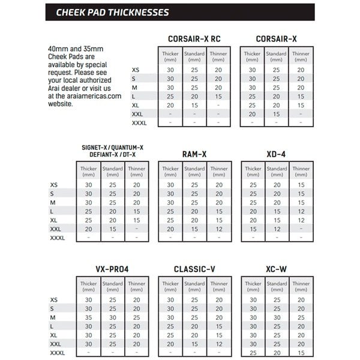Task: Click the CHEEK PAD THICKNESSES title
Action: [x=112, y=11]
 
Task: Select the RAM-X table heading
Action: [x=195, y=154]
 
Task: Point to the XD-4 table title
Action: [x=277, y=154]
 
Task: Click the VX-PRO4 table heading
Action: [x=112, y=269]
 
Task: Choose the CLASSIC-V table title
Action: [x=195, y=269]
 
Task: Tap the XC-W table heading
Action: [x=277, y=269]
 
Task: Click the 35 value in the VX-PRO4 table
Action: [x=89, y=316]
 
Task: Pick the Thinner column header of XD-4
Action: [x=300, y=172]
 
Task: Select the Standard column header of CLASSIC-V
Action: [x=194, y=287]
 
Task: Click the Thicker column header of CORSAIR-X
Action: [x=252, y=56]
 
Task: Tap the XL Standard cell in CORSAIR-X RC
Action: [x=194, y=105]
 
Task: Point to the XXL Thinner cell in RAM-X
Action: [x=218, y=229]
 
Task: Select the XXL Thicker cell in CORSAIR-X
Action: [x=253, y=113]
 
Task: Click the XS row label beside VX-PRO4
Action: [x=54, y=299]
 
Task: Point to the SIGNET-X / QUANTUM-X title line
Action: [x=112, y=148]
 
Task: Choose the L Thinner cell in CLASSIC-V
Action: [x=218, y=326]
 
